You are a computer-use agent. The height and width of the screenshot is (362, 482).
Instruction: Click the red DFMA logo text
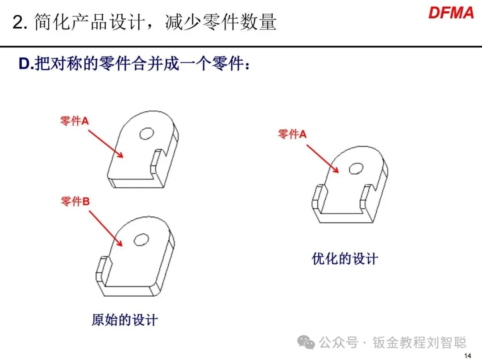coord(451,13)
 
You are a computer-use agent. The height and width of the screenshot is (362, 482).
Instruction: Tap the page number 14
coord(468,356)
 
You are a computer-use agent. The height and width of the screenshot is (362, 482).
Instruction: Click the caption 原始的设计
coord(125,320)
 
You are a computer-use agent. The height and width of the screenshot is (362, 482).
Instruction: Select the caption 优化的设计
coord(345,259)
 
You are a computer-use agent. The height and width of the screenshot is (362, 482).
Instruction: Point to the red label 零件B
coord(75,202)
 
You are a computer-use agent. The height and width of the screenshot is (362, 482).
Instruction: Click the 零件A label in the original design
coord(75,121)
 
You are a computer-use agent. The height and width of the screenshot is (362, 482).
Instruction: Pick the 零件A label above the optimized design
coord(292,134)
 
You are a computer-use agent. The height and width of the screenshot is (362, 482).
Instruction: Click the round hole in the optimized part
coord(356,168)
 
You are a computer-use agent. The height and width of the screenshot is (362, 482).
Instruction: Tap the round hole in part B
coord(142,239)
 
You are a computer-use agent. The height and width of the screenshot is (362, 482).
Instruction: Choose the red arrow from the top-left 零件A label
coord(105,143)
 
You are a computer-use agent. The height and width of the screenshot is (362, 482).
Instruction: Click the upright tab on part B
coord(102,270)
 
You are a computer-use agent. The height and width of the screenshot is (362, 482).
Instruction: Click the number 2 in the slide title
coord(17,23)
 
